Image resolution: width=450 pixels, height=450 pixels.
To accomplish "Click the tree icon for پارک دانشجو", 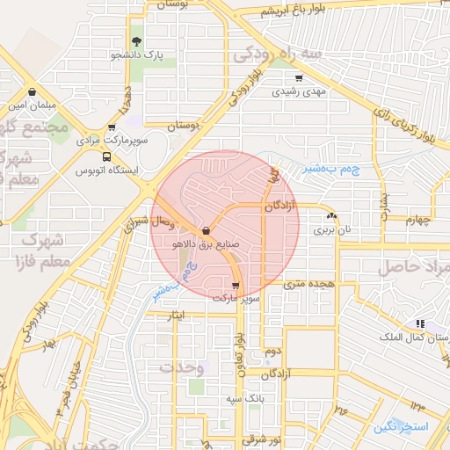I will pos(136,40).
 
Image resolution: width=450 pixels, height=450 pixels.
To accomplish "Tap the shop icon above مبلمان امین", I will pos(33,91).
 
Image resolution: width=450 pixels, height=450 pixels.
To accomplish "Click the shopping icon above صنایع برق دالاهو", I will pos(205,230).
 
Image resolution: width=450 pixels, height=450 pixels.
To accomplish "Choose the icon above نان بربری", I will pos(331,216).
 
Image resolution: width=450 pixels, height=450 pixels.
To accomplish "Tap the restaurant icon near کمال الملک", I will pos(421,323).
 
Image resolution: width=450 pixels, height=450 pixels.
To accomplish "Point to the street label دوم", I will pos(273,351).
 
